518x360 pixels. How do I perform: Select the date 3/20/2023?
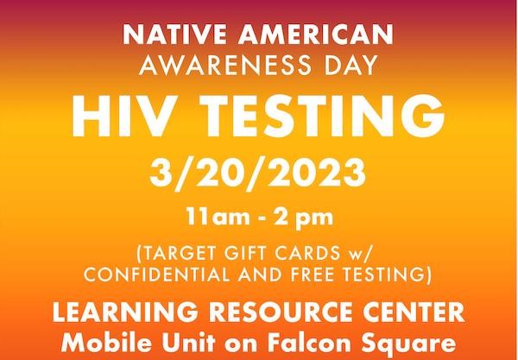[x=258, y=169]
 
